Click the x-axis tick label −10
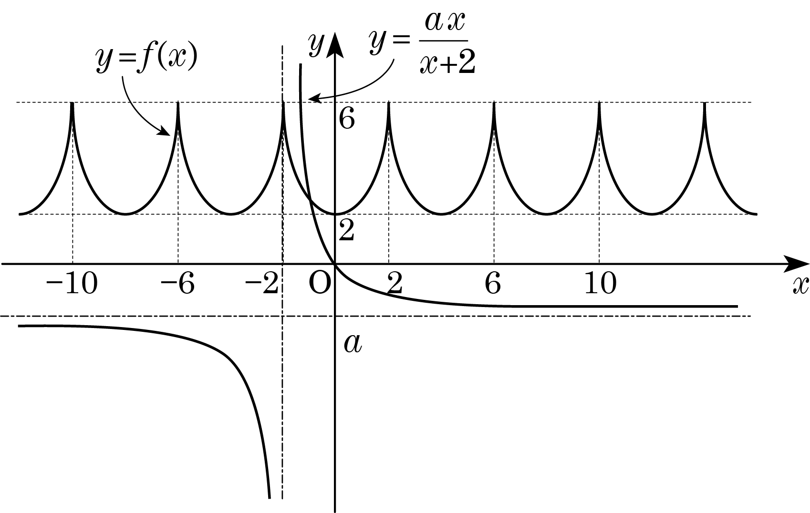[72, 283]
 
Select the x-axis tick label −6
[177, 283]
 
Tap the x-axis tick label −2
[262, 283]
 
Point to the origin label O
[320, 283]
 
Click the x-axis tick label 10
[600, 283]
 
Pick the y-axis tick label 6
[347, 118]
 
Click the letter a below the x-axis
[353, 343]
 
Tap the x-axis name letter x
[800, 286]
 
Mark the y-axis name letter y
[316, 44]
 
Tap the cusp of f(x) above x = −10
[73, 103]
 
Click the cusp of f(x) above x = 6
[494, 103]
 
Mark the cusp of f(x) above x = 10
[599, 103]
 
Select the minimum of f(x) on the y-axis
[335, 214]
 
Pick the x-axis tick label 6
[493, 283]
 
